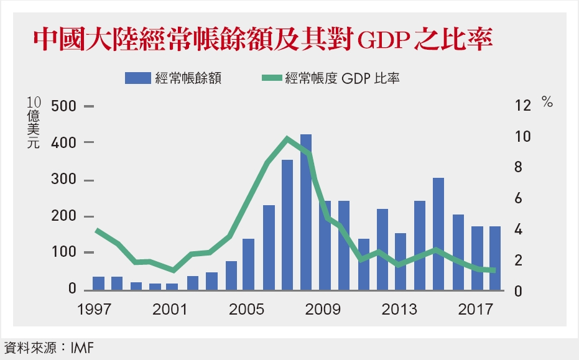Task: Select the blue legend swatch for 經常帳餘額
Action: [138, 78]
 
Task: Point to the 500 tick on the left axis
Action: [59, 106]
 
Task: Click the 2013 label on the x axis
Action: [400, 308]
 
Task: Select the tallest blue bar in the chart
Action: [306, 212]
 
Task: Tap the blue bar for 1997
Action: [98, 284]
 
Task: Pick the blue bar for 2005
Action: [249, 264]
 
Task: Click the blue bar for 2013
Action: [401, 262]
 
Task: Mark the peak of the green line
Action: [287, 138]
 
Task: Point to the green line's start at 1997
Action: [97, 230]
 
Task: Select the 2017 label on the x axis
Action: [476, 308]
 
